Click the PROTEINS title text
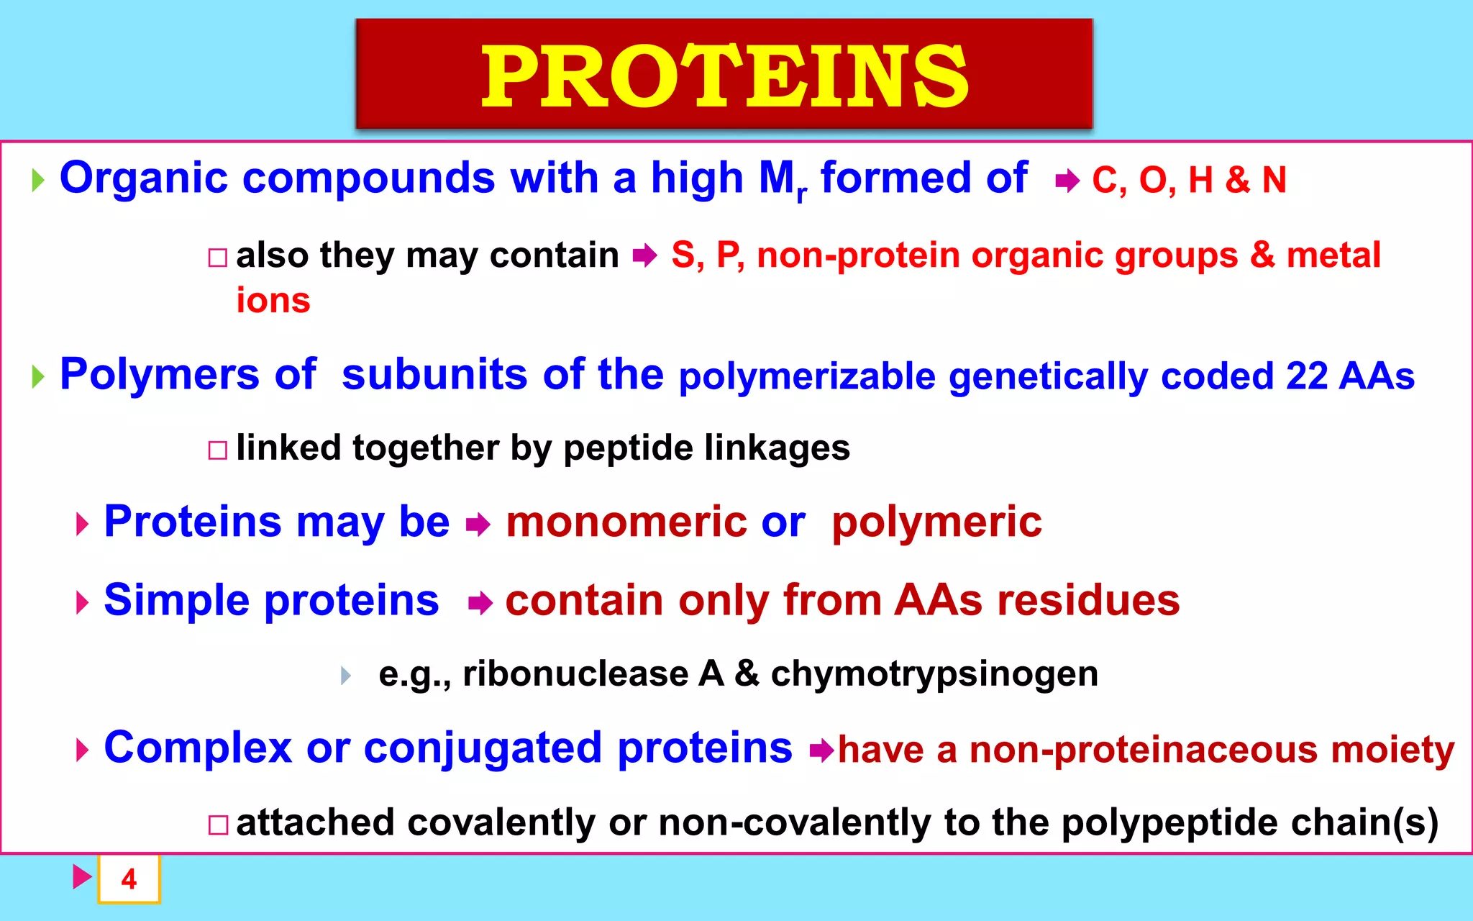[724, 76]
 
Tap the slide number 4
[129, 879]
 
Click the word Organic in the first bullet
[143, 178]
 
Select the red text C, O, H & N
[1188, 180]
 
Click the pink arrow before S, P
[645, 255]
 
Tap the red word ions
[273, 300]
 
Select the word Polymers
[159, 375]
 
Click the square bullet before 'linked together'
[217, 450]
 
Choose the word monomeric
[626, 522]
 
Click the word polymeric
[936, 522]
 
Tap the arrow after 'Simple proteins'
[480, 603]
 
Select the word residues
[1087, 600]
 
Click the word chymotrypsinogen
[934, 674]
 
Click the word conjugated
[482, 748]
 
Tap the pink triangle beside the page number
[82, 876]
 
